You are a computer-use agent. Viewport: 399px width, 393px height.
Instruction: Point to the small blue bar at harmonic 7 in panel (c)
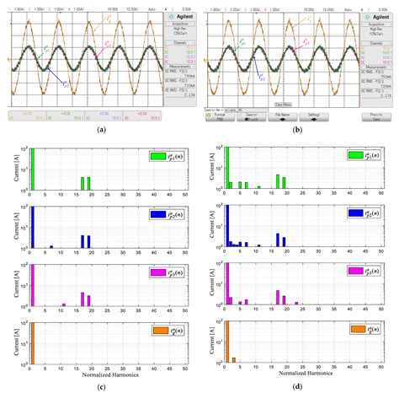tap(51, 247)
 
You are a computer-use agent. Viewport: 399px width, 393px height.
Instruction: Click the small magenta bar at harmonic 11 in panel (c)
tap(64, 304)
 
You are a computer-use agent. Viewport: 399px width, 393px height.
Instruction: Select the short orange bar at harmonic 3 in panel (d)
tap(233, 361)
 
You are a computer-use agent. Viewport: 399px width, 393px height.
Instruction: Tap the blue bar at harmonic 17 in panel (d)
tap(277, 243)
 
